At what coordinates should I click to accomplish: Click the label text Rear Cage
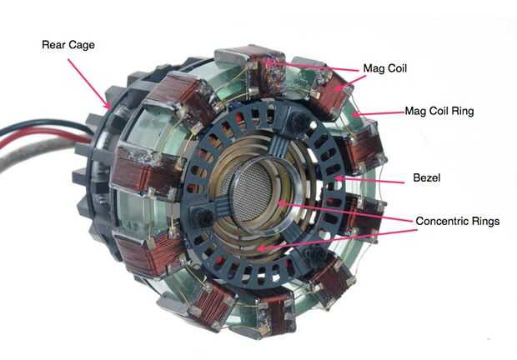click(68, 45)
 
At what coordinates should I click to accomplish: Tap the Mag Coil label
click(384, 68)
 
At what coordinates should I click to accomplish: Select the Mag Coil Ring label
click(439, 111)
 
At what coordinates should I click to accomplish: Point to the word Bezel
click(427, 177)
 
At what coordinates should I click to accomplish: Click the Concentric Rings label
click(458, 221)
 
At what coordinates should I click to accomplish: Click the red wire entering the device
click(43, 137)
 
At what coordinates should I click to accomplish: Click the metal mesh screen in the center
click(253, 191)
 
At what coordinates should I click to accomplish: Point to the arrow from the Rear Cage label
click(88, 83)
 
